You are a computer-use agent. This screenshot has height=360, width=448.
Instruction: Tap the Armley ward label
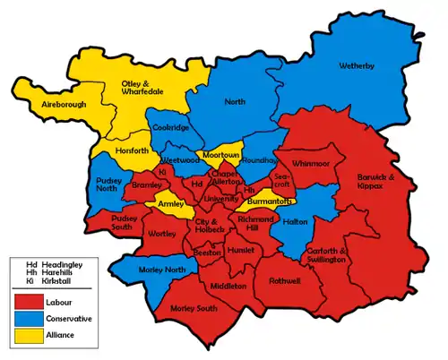point(170,204)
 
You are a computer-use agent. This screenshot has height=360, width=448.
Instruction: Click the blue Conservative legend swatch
point(30,319)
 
